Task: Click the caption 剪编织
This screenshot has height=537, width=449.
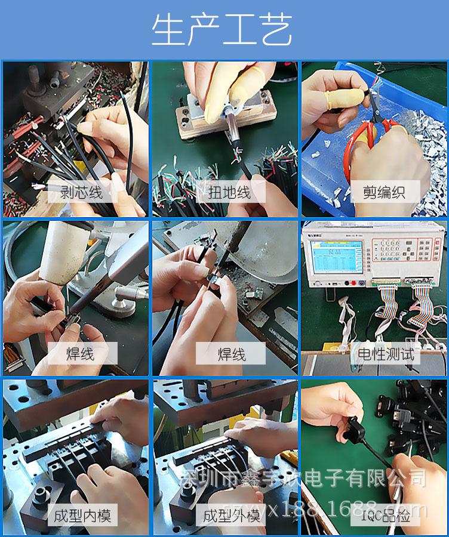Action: pos(383,192)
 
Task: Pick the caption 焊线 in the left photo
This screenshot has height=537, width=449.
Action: pos(80,354)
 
